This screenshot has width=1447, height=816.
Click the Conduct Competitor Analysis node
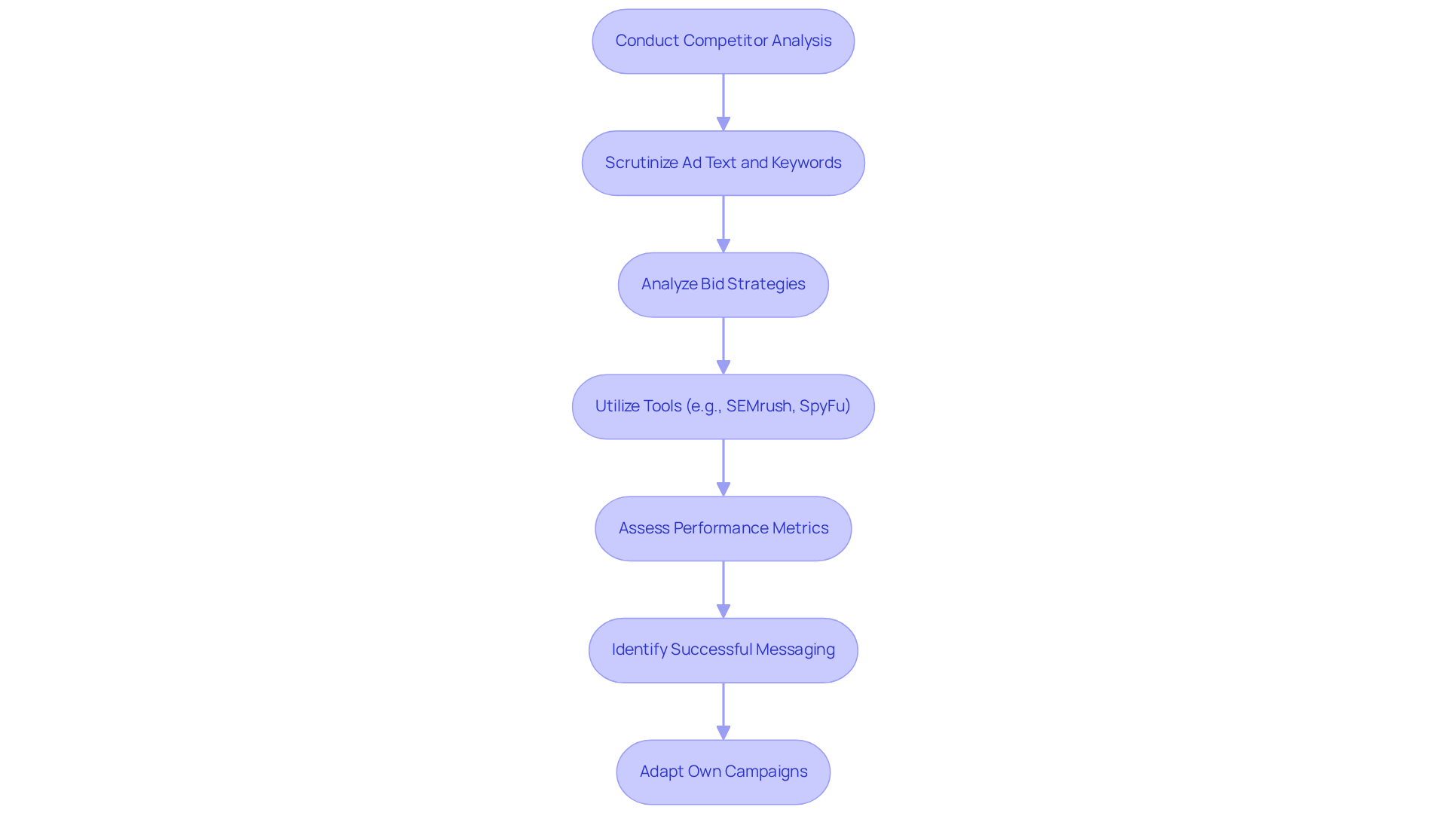tap(723, 41)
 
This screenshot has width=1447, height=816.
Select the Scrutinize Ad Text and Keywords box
tap(723, 164)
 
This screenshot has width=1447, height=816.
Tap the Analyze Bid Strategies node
tap(723, 285)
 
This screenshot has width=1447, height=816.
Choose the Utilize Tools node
tap(723, 407)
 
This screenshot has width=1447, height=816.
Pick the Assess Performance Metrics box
tap(723, 528)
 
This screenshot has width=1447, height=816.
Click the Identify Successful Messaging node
tap(723, 650)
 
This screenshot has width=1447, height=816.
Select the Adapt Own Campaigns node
tap(723, 772)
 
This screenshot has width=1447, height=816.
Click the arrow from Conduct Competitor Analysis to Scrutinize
tap(723, 102)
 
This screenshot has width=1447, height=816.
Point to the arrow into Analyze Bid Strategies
tap(723, 224)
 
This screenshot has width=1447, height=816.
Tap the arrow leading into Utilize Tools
tap(723, 345)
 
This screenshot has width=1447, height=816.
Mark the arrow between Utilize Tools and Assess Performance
tap(723, 467)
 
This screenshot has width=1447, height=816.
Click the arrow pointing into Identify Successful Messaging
tap(723, 589)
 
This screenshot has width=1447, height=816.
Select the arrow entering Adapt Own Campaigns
tap(723, 711)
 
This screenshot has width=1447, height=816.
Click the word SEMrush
tap(759, 406)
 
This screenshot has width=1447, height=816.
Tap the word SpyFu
tap(824, 406)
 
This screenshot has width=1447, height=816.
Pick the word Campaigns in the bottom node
tap(766, 772)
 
